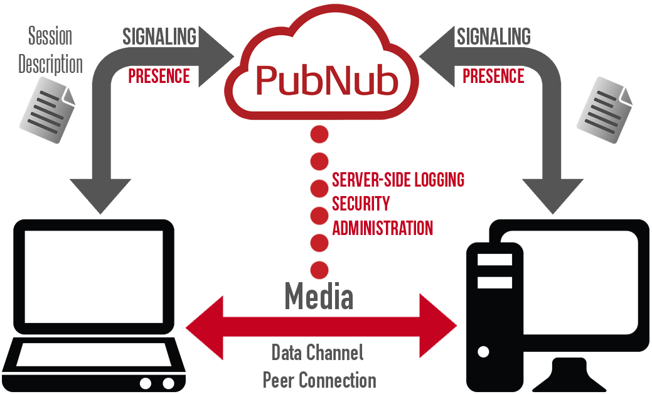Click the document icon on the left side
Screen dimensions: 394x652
tap(47, 110)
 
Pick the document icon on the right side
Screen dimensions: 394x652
tap(604, 110)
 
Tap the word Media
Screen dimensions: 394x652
tap(319, 297)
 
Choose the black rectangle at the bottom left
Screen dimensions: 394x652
tap(94, 306)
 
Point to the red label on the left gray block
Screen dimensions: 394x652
tap(159, 76)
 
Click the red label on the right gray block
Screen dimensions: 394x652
tap(493, 76)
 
